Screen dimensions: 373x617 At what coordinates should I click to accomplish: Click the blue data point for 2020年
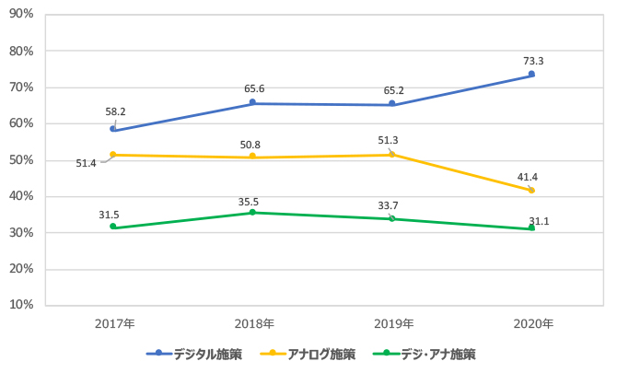pos(531,75)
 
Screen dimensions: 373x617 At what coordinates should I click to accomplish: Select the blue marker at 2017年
pos(113,129)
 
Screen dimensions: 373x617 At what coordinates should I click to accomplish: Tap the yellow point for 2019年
pos(392,154)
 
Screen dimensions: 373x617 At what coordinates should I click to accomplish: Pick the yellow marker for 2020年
pos(531,190)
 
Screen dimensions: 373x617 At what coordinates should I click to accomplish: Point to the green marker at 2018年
pos(253,213)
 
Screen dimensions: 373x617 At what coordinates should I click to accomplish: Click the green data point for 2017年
pos(113,227)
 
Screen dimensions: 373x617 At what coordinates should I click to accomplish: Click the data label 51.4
pos(87,163)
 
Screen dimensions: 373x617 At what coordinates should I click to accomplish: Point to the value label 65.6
pos(255,88)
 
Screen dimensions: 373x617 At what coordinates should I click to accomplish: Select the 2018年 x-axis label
pos(253,324)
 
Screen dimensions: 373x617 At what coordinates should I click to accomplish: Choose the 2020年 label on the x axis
pos(532,324)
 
